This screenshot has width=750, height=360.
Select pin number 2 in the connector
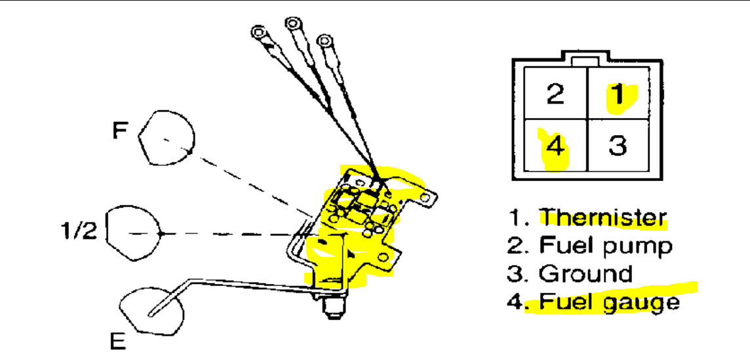[555, 94]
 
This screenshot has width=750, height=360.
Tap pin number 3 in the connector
[618, 146]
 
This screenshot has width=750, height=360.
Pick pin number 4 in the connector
[555, 146]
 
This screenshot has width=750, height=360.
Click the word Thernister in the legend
[602, 217]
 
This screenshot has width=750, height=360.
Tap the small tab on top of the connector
[582, 60]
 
